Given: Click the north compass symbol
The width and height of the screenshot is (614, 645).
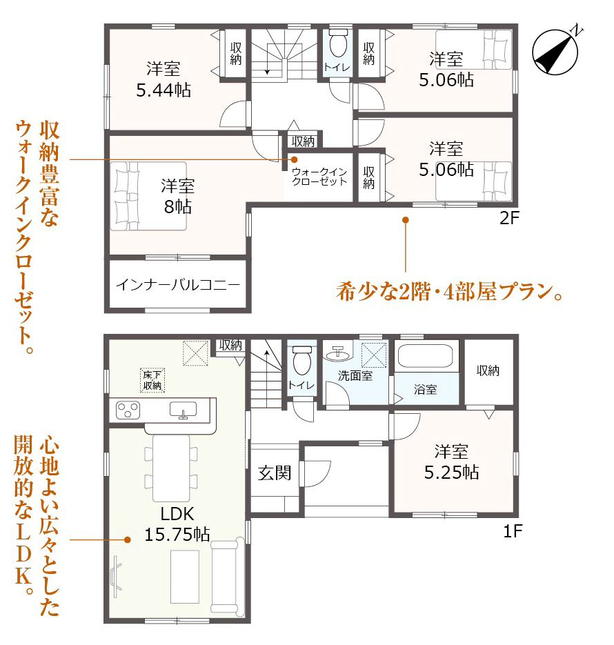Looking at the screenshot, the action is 555,52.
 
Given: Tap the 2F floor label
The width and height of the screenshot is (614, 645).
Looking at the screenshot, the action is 510,218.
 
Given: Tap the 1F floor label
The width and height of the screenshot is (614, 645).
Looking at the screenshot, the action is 513,531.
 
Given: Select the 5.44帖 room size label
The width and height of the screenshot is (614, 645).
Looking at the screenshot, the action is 164,90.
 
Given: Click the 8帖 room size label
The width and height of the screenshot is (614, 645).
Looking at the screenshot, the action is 178,206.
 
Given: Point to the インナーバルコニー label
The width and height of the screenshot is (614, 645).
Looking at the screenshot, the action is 178,285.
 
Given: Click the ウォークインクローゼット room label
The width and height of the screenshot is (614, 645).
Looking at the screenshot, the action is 319,177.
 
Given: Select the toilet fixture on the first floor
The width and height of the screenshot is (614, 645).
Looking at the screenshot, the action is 302,360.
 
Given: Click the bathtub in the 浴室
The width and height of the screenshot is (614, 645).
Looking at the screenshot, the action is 425,355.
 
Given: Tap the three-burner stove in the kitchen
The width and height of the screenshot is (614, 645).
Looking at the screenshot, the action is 128,410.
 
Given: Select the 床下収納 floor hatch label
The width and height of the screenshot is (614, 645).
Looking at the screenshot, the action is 152,380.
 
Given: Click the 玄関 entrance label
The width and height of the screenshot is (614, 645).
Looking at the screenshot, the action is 275,473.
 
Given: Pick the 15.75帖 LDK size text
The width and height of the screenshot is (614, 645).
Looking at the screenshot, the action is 177,534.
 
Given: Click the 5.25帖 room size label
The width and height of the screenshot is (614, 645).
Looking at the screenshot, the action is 452,473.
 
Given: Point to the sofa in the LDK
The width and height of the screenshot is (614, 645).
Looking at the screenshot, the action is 225,576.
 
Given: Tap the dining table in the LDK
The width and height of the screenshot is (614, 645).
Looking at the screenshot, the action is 171,468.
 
